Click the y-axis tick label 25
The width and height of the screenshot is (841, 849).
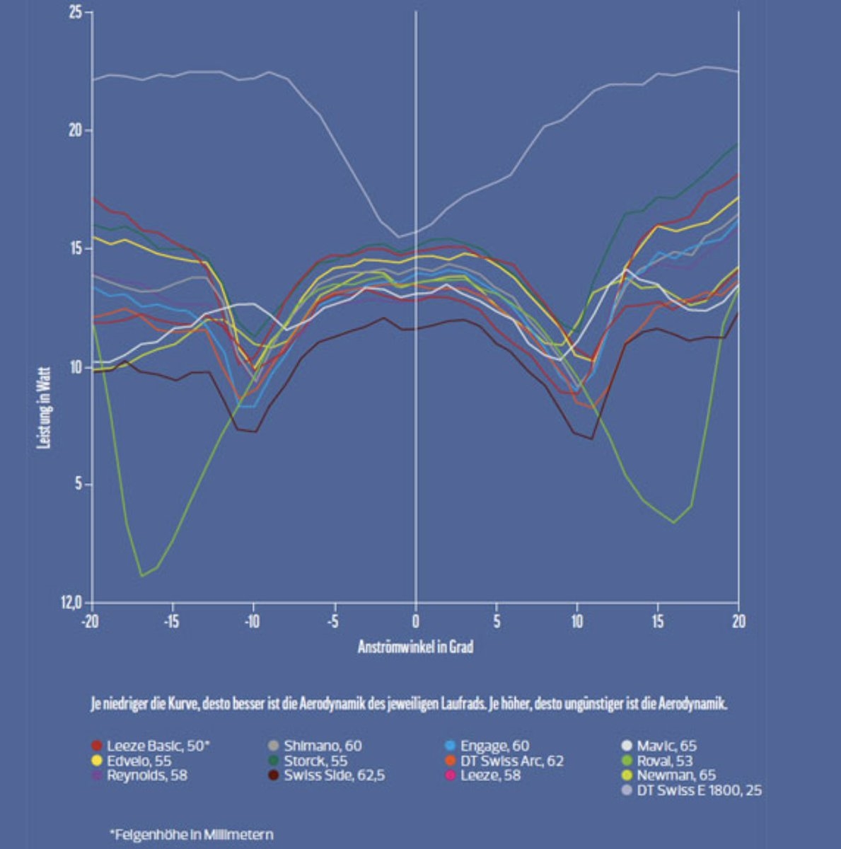[x=76, y=13]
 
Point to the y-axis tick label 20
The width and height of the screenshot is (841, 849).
[x=76, y=131]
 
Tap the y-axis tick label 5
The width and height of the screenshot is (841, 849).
[x=79, y=484]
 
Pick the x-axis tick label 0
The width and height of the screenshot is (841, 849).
[x=416, y=622]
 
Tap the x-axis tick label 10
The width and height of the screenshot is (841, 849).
[x=577, y=622]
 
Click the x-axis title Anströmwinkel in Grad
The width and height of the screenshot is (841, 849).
[x=415, y=647]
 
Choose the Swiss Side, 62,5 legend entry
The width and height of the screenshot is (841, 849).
[x=334, y=775]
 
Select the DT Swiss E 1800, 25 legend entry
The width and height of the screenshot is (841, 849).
[x=699, y=790]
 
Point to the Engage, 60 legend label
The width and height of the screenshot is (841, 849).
[x=494, y=746]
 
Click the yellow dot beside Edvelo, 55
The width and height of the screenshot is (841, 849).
[x=98, y=761]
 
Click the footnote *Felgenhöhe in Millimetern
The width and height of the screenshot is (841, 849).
[x=191, y=835]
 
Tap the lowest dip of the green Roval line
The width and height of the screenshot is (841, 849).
[x=141, y=575]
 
